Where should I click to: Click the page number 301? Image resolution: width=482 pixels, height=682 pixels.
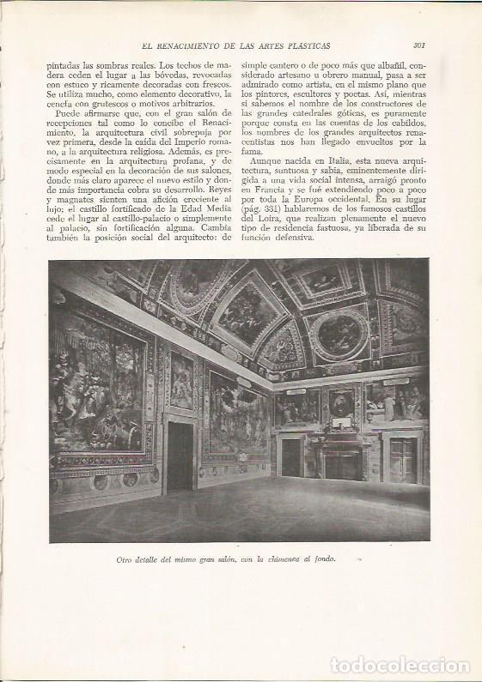tap(421, 46)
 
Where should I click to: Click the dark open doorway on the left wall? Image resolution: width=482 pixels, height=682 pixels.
tap(180, 455)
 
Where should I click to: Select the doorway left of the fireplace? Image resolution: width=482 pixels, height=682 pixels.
tap(291, 456)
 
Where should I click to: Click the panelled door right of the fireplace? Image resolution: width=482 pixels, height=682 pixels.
tap(402, 459)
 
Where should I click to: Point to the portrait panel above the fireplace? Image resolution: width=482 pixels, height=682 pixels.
tap(342, 403)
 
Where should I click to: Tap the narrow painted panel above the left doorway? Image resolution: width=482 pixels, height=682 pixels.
tap(182, 379)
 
